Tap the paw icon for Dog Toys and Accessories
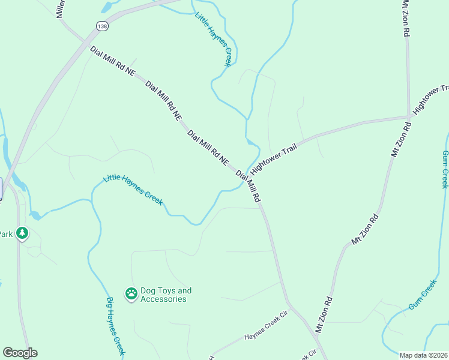click(x=131, y=293)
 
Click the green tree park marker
click(x=22, y=232)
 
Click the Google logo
click(x=20, y=353)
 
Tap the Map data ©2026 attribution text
click(x=424, y=355)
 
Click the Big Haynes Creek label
click(x=115, y=326)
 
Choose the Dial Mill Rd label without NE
click(x=248, y=186)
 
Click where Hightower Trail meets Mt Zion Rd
click(x=409, y=116)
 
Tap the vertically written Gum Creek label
click(x=445, y=169)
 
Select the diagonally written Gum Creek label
click(x=423, y=295)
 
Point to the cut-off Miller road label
click(x=60, y=8)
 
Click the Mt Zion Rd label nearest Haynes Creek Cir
click(x=324, y=314)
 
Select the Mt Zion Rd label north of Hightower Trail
click(x=406, y=20)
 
